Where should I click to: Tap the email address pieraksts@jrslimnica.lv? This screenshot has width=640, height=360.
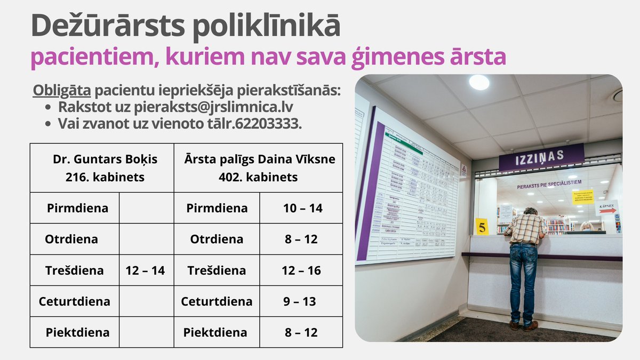pos(213,107)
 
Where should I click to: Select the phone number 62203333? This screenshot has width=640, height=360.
pos(271,124)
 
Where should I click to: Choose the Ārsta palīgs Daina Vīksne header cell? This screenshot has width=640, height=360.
pos(258,167)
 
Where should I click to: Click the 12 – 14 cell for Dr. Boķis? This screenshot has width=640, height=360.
pos(145,270)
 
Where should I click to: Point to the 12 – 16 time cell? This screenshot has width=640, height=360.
pos(301,270)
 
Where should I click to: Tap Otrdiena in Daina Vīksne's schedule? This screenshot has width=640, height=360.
pos(217,239)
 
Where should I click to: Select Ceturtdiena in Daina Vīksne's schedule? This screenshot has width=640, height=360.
pos(217,301)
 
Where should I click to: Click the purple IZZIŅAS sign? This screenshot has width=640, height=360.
pos(541,157)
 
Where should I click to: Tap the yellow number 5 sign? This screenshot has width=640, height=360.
pos(482,227)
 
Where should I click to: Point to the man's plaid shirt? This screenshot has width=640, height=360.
pos(525,228)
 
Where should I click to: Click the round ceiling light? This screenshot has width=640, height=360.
pos(478,82)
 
